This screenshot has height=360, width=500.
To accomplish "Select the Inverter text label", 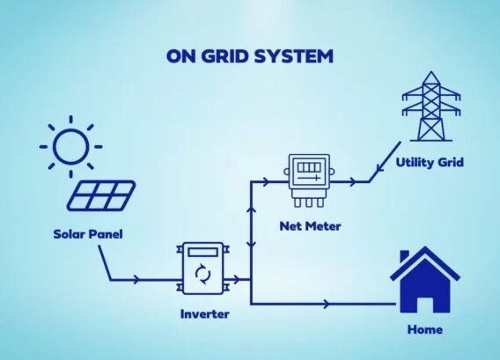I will point(205,314).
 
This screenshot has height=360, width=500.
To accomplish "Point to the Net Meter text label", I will point(309,226).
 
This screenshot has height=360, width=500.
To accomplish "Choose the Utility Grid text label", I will point(429,162).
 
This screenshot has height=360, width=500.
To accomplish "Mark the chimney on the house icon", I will point(405,256).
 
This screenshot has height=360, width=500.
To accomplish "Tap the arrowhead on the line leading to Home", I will point(327,305).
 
